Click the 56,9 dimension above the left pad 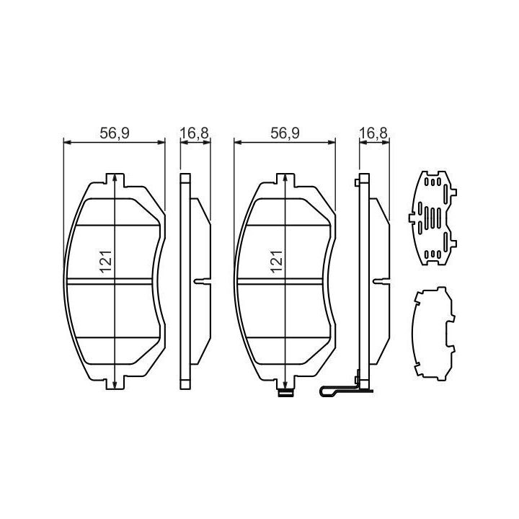point(115,133)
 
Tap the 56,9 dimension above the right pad point(285,133)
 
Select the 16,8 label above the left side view point(195,133)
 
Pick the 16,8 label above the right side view point(373,133)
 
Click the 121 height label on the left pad point(107,262)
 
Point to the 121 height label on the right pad point(277,262)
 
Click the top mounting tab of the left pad point(115,179)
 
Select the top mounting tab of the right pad point(285,179)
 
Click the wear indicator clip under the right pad point(285,394)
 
